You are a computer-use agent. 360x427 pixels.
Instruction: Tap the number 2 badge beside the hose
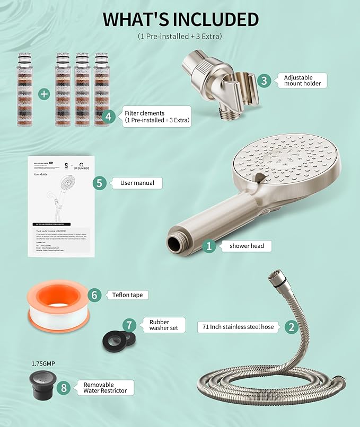(291, 327)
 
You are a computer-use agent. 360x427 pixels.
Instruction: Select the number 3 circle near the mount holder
(265, 81)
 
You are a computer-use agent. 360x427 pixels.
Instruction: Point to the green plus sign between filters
(44, 94)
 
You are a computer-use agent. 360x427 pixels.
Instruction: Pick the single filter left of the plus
(24, 88)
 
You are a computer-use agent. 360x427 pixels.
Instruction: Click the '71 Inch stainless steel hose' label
(238, 327)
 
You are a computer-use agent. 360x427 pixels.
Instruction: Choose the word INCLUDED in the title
(213, 19)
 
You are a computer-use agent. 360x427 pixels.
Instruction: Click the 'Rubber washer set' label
(159, 325)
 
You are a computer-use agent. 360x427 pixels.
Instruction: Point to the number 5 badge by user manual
(99, 183)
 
